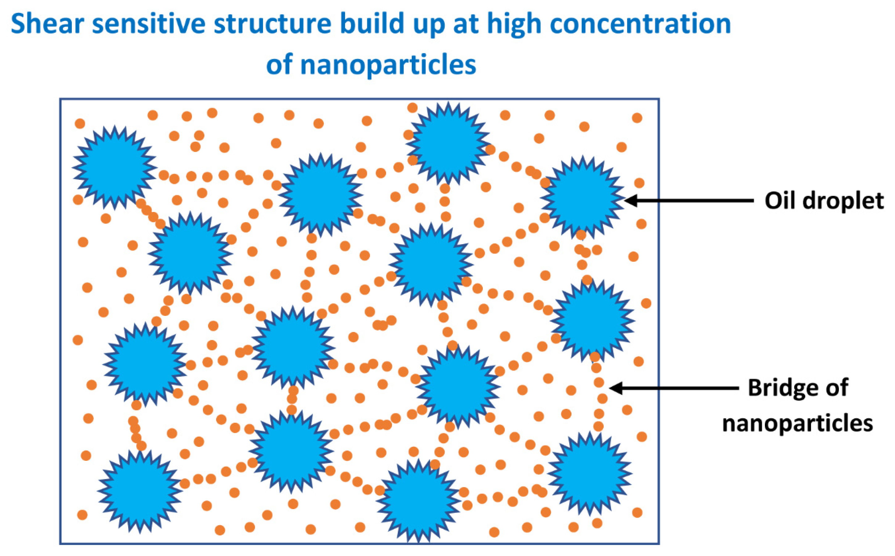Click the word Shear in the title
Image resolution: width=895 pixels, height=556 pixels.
pos(47,24)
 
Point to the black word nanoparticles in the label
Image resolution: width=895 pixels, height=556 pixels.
pos(798,423)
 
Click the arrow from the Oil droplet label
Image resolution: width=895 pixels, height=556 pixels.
pos(688,201)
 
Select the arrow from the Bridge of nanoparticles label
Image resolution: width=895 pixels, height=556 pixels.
pos(673,388)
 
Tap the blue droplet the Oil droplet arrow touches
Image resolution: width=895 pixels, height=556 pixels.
pos(583,198)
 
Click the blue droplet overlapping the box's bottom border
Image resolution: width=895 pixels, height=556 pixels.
pos(419,501)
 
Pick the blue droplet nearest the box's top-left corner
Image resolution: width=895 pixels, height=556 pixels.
pos(115,168)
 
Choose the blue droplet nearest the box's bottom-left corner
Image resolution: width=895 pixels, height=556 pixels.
pos(140,491)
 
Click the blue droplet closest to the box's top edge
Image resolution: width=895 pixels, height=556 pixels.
pos(448,143)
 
